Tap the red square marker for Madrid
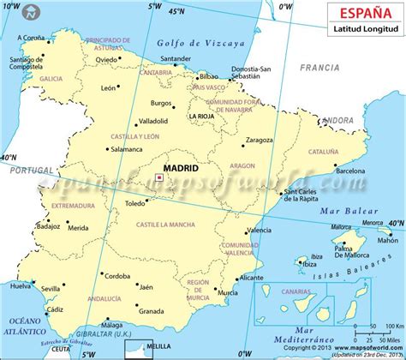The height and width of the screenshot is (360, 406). click(x=158, y=177)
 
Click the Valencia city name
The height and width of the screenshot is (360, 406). click(x=260, y=231)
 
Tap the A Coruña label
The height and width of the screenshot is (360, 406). click(x=33, y=38)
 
